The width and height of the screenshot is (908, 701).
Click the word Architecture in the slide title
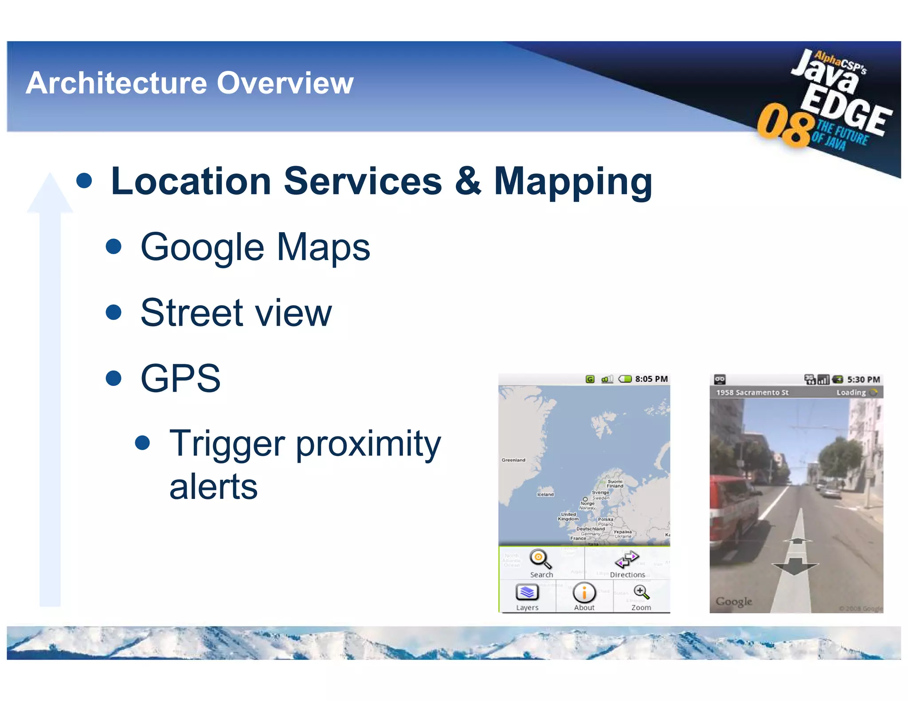coord(116,83)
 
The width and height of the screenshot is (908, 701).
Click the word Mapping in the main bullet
coord(573,182)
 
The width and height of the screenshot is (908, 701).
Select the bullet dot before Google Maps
coord(114,247)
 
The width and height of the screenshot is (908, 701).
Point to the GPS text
coord(180,378)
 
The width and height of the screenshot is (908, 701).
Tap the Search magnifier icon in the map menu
coord(540,559)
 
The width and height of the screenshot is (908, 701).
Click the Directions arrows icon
coord(626,560)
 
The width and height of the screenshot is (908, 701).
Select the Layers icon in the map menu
coord(527,592)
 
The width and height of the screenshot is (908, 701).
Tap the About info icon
coord(584,592)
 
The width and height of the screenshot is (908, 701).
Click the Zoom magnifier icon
coord(641,592)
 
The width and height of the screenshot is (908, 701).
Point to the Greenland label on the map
coord(513,460)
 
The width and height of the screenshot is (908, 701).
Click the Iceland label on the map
coord(545,494)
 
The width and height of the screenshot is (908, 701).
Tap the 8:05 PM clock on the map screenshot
coord(651,379)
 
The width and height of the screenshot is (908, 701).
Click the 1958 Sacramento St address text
coord(752,393)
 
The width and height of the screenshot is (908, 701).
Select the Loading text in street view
coord(850,393)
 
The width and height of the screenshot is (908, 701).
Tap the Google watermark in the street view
coord(734,601)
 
